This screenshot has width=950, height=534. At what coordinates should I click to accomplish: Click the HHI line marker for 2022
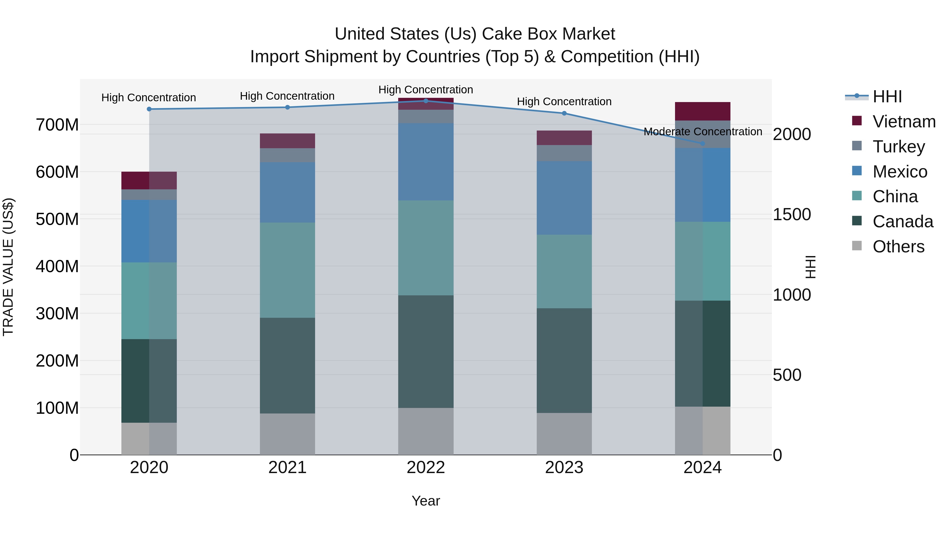point(426,101)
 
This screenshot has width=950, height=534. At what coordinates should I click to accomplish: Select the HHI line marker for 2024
point(702,143)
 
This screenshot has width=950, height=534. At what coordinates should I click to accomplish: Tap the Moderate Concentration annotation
point(702,132)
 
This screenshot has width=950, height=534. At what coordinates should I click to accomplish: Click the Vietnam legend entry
point(904,122)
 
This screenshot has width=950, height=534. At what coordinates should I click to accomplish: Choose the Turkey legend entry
point(898,147)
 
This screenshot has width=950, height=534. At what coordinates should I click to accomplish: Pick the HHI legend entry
point(887,97)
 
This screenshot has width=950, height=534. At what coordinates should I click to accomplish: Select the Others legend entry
point(898,247)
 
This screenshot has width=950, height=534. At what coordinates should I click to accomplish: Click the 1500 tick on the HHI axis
point(791,214)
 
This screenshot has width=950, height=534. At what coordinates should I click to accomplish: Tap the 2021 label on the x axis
point(287,468)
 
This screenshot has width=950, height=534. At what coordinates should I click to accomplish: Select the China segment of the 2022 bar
point(426,248)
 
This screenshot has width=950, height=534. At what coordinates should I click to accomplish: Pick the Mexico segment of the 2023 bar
point(564,198)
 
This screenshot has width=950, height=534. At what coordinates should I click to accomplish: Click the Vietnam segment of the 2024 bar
point(702,111)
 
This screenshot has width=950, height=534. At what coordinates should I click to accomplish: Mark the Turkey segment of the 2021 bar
point(287,155)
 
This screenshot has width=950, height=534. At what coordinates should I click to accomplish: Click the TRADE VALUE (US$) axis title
point(8,267)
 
